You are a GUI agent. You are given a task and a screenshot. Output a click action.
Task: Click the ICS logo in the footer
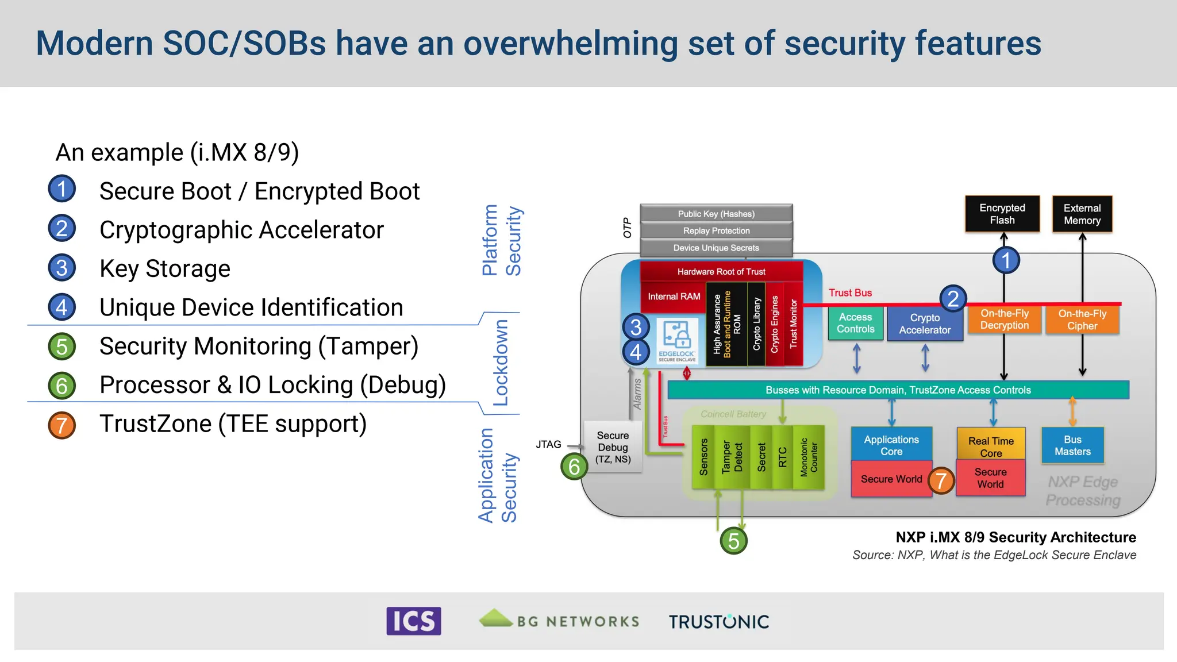(x=413, y=621)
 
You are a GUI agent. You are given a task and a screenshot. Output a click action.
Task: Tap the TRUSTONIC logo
(x=718, y=622)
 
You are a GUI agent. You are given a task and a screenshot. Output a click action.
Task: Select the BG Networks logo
(x=559, y=620)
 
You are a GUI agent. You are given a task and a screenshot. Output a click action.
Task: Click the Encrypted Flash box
(x=1002, y=214)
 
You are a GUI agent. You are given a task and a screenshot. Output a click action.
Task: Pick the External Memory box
(x=1082, y=214)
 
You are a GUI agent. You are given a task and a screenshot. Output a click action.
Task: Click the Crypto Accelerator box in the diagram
(x=925, y=324)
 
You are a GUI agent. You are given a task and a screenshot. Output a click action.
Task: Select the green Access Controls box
(x=855, y=323)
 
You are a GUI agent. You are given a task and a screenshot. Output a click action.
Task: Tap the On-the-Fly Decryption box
(x=1004, y=320)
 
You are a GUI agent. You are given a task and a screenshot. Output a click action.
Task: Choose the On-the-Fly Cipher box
(x=1082, y=320)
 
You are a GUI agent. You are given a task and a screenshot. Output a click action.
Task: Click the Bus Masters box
(x=1072, y=445)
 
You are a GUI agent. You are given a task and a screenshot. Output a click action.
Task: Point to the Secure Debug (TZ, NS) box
(x=613, y=447)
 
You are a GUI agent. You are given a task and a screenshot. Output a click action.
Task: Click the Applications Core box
(x=891, y=445)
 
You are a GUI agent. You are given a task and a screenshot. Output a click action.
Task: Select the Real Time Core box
(x=990, y=446)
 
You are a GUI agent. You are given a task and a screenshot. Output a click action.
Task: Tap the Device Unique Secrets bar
(x=716, y=248)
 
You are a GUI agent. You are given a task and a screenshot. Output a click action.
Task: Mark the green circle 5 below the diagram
(x=733, y=541)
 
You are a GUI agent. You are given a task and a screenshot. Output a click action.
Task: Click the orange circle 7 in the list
(x=62, y=425)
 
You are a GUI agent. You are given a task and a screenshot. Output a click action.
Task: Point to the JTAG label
(x=548, y=444)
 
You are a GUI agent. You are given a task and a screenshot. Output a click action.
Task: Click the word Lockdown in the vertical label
(x=501, y=363)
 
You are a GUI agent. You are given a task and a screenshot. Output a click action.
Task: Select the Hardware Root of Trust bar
(x=721, y=271)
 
